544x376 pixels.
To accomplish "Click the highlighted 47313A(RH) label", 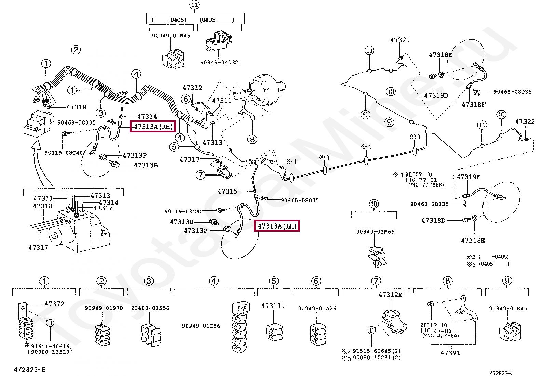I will pos(152,127).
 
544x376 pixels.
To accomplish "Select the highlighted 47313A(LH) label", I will pos(277,226).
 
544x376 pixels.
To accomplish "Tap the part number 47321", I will pos(400,40).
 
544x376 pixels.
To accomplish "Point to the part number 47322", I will pos(525,121).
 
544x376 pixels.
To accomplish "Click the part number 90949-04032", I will pos(219,62).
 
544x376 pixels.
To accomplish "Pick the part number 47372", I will pos(54,304).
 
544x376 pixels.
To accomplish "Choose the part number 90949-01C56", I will pos(201,326).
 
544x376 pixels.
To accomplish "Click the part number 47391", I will pos(450,353).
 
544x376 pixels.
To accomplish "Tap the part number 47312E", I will pos(390,295).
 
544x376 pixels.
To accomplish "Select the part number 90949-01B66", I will pos(375,232).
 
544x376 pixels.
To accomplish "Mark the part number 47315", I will pos(227,191).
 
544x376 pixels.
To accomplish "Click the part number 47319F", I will pos(468,177).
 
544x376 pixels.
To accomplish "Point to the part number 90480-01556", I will pos(150,308).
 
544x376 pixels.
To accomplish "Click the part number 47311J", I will pos(273,306).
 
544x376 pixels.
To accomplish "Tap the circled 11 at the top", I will pos(194,5).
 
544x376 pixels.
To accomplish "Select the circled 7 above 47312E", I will pos(376,281).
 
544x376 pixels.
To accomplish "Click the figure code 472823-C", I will pos(501,373).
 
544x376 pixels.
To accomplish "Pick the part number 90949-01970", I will pos(104,308).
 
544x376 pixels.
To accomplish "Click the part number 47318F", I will pos(473,105).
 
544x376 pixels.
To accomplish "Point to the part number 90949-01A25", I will pos(317,308).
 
